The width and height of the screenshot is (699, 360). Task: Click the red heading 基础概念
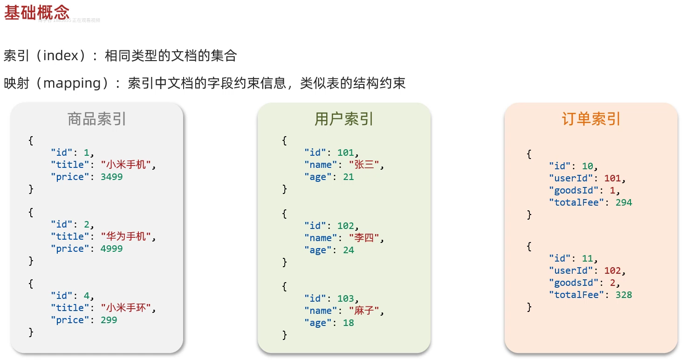point(37,13)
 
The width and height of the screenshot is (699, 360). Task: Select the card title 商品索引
point(97,119)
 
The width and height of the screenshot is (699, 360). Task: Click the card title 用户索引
point(344,119)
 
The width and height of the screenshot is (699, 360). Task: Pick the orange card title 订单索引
point(591,119)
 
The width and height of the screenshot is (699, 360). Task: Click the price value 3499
point(111,177)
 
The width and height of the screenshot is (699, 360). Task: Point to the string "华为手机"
point(126,236)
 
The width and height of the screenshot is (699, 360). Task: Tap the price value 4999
point(111,249)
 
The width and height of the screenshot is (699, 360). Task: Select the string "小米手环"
point(126,308)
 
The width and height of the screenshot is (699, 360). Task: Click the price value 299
point(109,320)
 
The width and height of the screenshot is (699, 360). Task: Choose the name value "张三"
point(364,165)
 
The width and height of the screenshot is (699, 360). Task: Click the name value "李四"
point(364,238)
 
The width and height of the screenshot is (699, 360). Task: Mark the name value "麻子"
point(364,311)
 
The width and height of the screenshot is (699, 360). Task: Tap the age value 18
point(348,323)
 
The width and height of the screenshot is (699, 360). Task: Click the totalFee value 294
point(624,202)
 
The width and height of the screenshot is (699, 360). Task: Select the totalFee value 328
point(624,295)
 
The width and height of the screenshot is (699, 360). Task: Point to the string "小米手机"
point(126,165)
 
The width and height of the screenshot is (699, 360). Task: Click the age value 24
point(348,250)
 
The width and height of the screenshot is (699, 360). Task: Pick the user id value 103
point(345,298)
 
